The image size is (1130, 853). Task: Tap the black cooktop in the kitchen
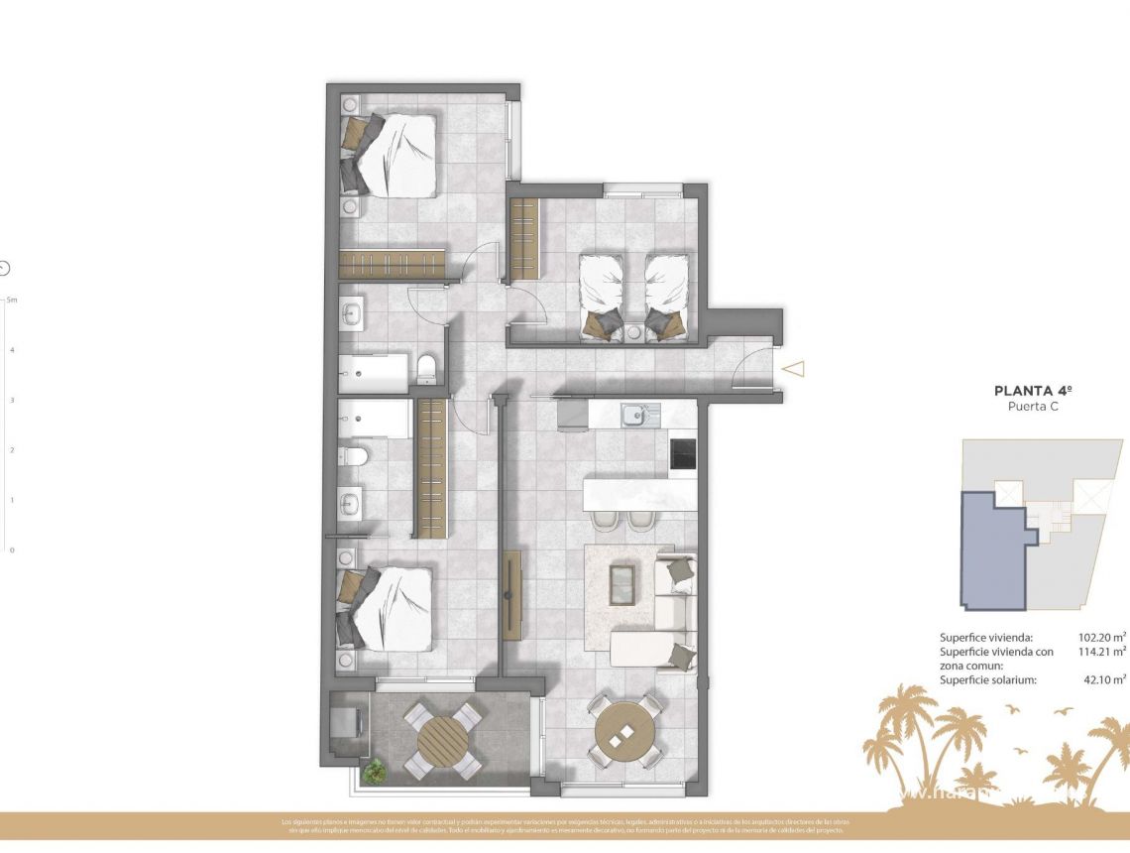[682, 453]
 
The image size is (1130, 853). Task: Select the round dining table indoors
[625, 732]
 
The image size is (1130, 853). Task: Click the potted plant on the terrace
[374, 770]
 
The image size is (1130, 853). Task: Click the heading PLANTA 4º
[1028, 391]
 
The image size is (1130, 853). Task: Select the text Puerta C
[1028, 407]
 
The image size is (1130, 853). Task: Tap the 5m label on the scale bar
[12, 299]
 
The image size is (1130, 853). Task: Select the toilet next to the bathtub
[425, 369]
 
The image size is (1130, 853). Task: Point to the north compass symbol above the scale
[4, 267]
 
